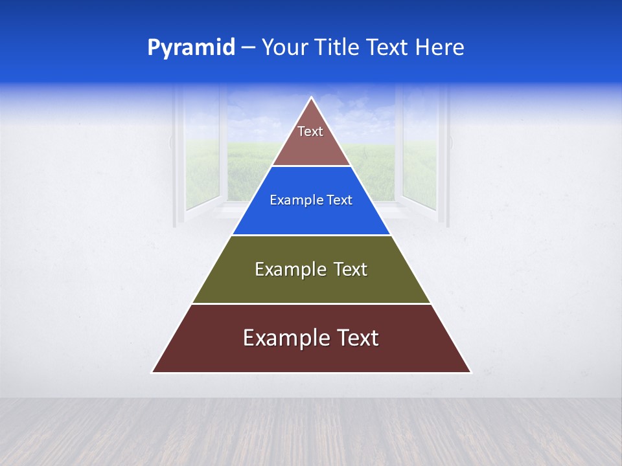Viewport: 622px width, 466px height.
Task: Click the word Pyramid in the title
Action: pos(191,48)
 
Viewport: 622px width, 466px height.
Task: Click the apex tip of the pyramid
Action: pos(312,98)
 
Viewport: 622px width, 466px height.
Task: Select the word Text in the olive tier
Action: pos(349,269)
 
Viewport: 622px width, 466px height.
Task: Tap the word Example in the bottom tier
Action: pos(286,338)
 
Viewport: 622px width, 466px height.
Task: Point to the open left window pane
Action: pos(202,152)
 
